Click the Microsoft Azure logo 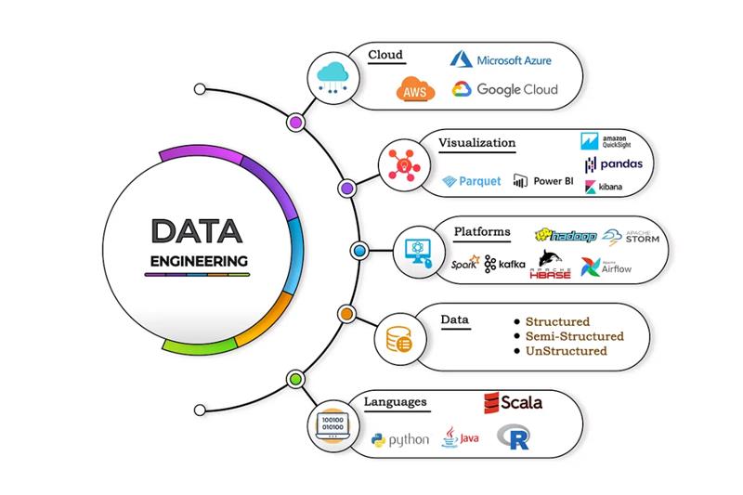502,60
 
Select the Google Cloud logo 505,90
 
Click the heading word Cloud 385,55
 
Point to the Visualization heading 477,143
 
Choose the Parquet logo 472,181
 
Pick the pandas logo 614,164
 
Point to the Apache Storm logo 632,237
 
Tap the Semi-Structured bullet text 574,336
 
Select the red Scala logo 512,403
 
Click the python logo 399,438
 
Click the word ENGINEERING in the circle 199,261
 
